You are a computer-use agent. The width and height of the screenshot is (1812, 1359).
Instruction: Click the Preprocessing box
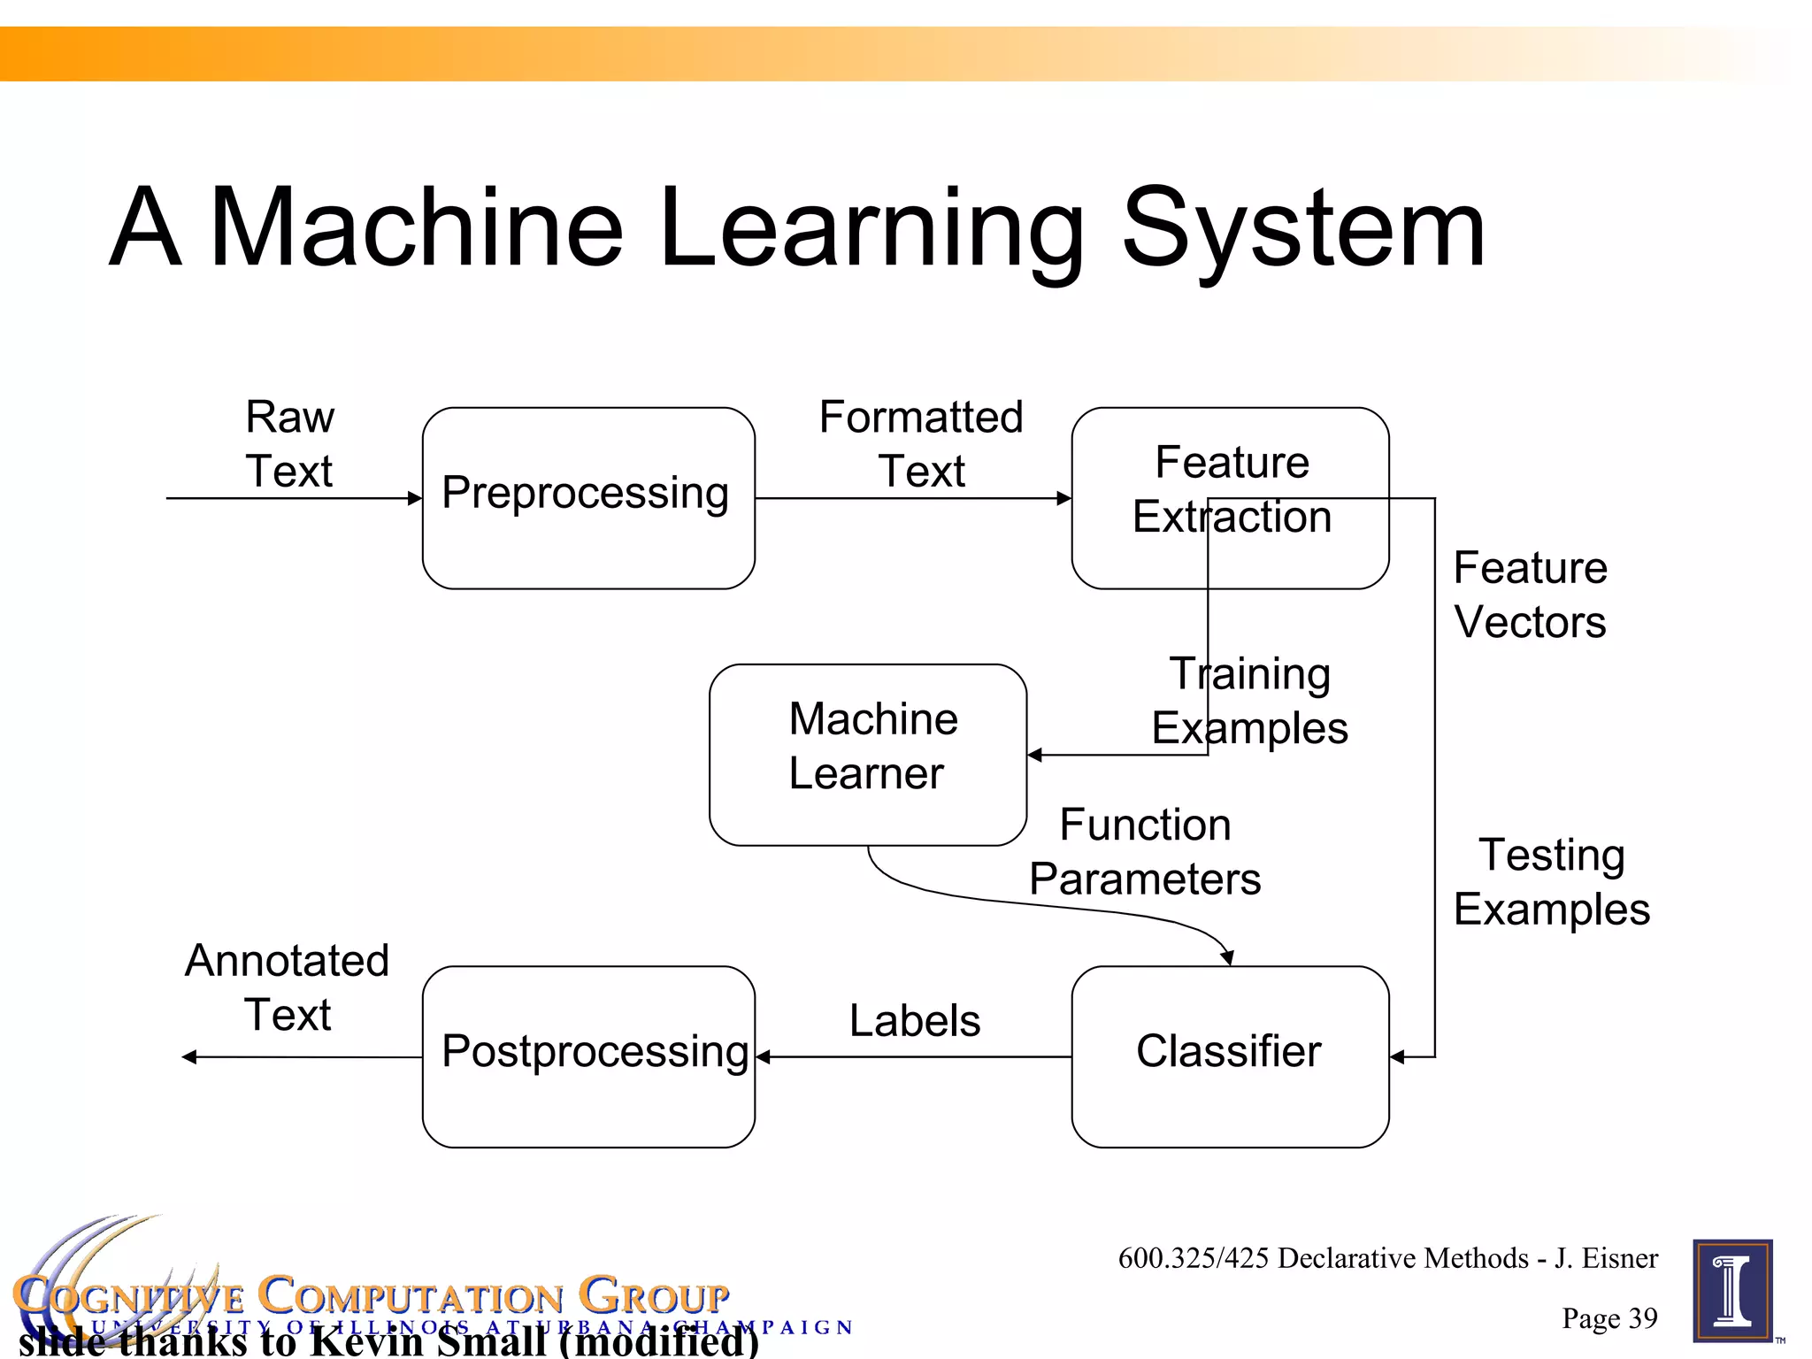(x=588, y=497)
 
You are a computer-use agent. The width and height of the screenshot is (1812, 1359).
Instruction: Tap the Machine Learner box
(x=868, y=754)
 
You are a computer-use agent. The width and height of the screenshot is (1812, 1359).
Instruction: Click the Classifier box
(x=1230, y=1056)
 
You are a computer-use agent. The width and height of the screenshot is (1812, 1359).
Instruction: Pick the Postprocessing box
(x=588, y=1056)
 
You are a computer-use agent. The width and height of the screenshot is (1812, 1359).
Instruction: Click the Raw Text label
(x=289, y=443)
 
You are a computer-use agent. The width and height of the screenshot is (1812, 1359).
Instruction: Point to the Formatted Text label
(x=921, y=443)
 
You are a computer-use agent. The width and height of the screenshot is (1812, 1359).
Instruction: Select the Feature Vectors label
(x=1530, y=595)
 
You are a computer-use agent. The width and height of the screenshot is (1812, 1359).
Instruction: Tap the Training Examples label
(x=1249, y=701)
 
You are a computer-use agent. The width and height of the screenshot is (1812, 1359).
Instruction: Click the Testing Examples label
(x=1552, y=882)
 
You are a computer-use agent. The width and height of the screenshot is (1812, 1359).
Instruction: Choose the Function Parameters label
(x=1145, y=852)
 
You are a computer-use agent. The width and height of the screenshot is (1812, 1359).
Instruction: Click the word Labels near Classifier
(x=915, y=1020)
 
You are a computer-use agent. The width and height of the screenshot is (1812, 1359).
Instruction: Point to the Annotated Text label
(x=287, y=987)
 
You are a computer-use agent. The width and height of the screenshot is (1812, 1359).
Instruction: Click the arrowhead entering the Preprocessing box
(x=415, y=498)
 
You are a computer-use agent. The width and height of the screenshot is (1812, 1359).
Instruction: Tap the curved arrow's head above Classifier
(x=1228, y=958)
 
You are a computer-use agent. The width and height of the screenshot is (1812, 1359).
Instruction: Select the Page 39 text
(x=1609, y=1318)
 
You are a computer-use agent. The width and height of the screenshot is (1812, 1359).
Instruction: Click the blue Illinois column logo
(x=1732, y=1291)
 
